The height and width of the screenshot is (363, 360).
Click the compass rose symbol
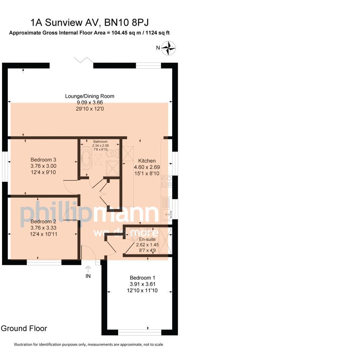click(169, 48)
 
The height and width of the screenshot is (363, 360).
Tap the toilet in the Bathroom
click(112, 153)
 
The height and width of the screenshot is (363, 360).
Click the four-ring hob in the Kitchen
click(167, 182)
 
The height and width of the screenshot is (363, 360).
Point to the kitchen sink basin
click(166, 213)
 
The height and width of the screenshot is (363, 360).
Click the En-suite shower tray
click(165, 241)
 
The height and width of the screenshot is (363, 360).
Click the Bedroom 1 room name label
click(142, 278)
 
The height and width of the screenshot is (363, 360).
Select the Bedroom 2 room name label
click(43, 221)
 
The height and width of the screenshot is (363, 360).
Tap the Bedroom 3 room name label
click(43, 160)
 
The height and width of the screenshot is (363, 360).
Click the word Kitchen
click(147, 161)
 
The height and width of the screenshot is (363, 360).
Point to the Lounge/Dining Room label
click(90, 96)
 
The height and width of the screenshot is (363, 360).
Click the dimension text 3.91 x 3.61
click(142, 284)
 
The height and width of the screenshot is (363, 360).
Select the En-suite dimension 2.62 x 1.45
click(147, 245)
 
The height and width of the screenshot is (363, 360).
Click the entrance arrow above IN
click(88, 269)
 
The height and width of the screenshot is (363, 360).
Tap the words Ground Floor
click(24, 328)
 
